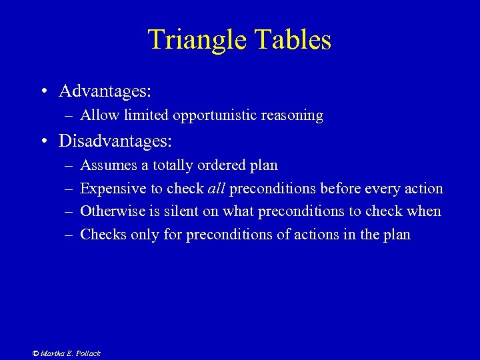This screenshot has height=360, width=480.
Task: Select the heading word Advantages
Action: [x=105, y=90]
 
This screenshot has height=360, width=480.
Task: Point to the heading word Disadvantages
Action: [x=115, y=141]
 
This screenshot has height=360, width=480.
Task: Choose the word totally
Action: [x=175, y=165]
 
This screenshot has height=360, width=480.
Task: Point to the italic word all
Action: [x=217, y=189]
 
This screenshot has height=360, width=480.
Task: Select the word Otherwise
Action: [x=110, y=211]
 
